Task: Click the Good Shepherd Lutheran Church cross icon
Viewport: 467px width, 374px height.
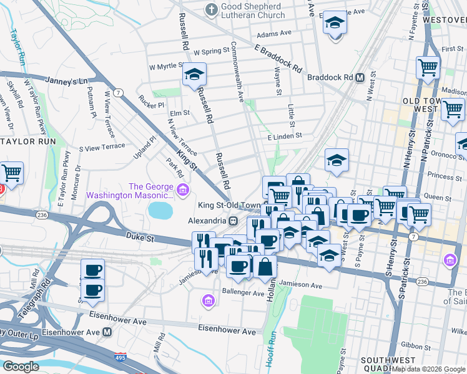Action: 211,10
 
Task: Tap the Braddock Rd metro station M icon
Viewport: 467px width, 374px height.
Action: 360,78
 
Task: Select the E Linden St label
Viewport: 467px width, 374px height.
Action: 285,135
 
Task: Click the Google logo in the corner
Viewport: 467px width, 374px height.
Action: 21,366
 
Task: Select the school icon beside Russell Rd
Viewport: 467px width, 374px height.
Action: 194,75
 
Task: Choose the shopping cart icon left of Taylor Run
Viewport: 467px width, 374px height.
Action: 11,173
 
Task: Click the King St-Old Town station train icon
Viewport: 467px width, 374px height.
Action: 232,221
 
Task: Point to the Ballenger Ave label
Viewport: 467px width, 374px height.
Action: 243,292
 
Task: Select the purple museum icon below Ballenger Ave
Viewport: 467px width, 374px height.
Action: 209,302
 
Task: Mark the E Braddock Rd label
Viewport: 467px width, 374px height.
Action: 278,57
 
